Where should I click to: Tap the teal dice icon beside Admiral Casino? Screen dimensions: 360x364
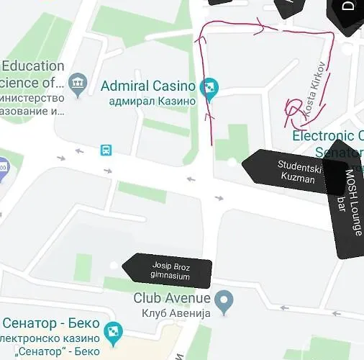pos(209,87)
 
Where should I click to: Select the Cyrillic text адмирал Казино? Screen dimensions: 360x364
pos(152,102)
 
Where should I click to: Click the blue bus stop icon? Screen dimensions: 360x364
pos(106,150)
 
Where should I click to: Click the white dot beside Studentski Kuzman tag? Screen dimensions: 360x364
pos(231,163)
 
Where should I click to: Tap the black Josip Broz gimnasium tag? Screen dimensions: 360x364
pos(170,270)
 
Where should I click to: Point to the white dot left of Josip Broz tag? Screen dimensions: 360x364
pos(114,266)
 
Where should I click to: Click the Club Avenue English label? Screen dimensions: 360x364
pos(172,298)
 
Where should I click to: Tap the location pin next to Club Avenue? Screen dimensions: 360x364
pos(225,302)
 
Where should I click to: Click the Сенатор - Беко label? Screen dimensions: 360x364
pos(50,323)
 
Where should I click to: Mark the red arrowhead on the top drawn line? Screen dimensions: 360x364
pos(260,27)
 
